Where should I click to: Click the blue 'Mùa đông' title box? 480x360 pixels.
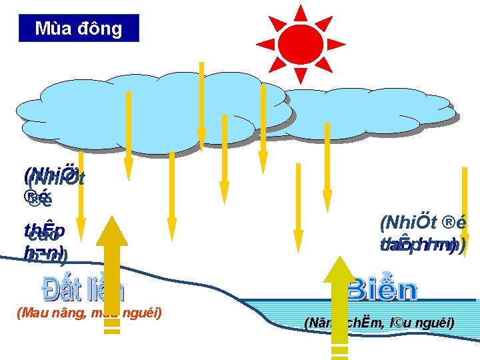79,29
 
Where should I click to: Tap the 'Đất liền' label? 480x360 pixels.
83,289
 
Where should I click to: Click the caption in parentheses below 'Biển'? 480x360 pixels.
379,323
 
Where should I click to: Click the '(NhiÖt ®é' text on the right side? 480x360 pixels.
423,222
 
